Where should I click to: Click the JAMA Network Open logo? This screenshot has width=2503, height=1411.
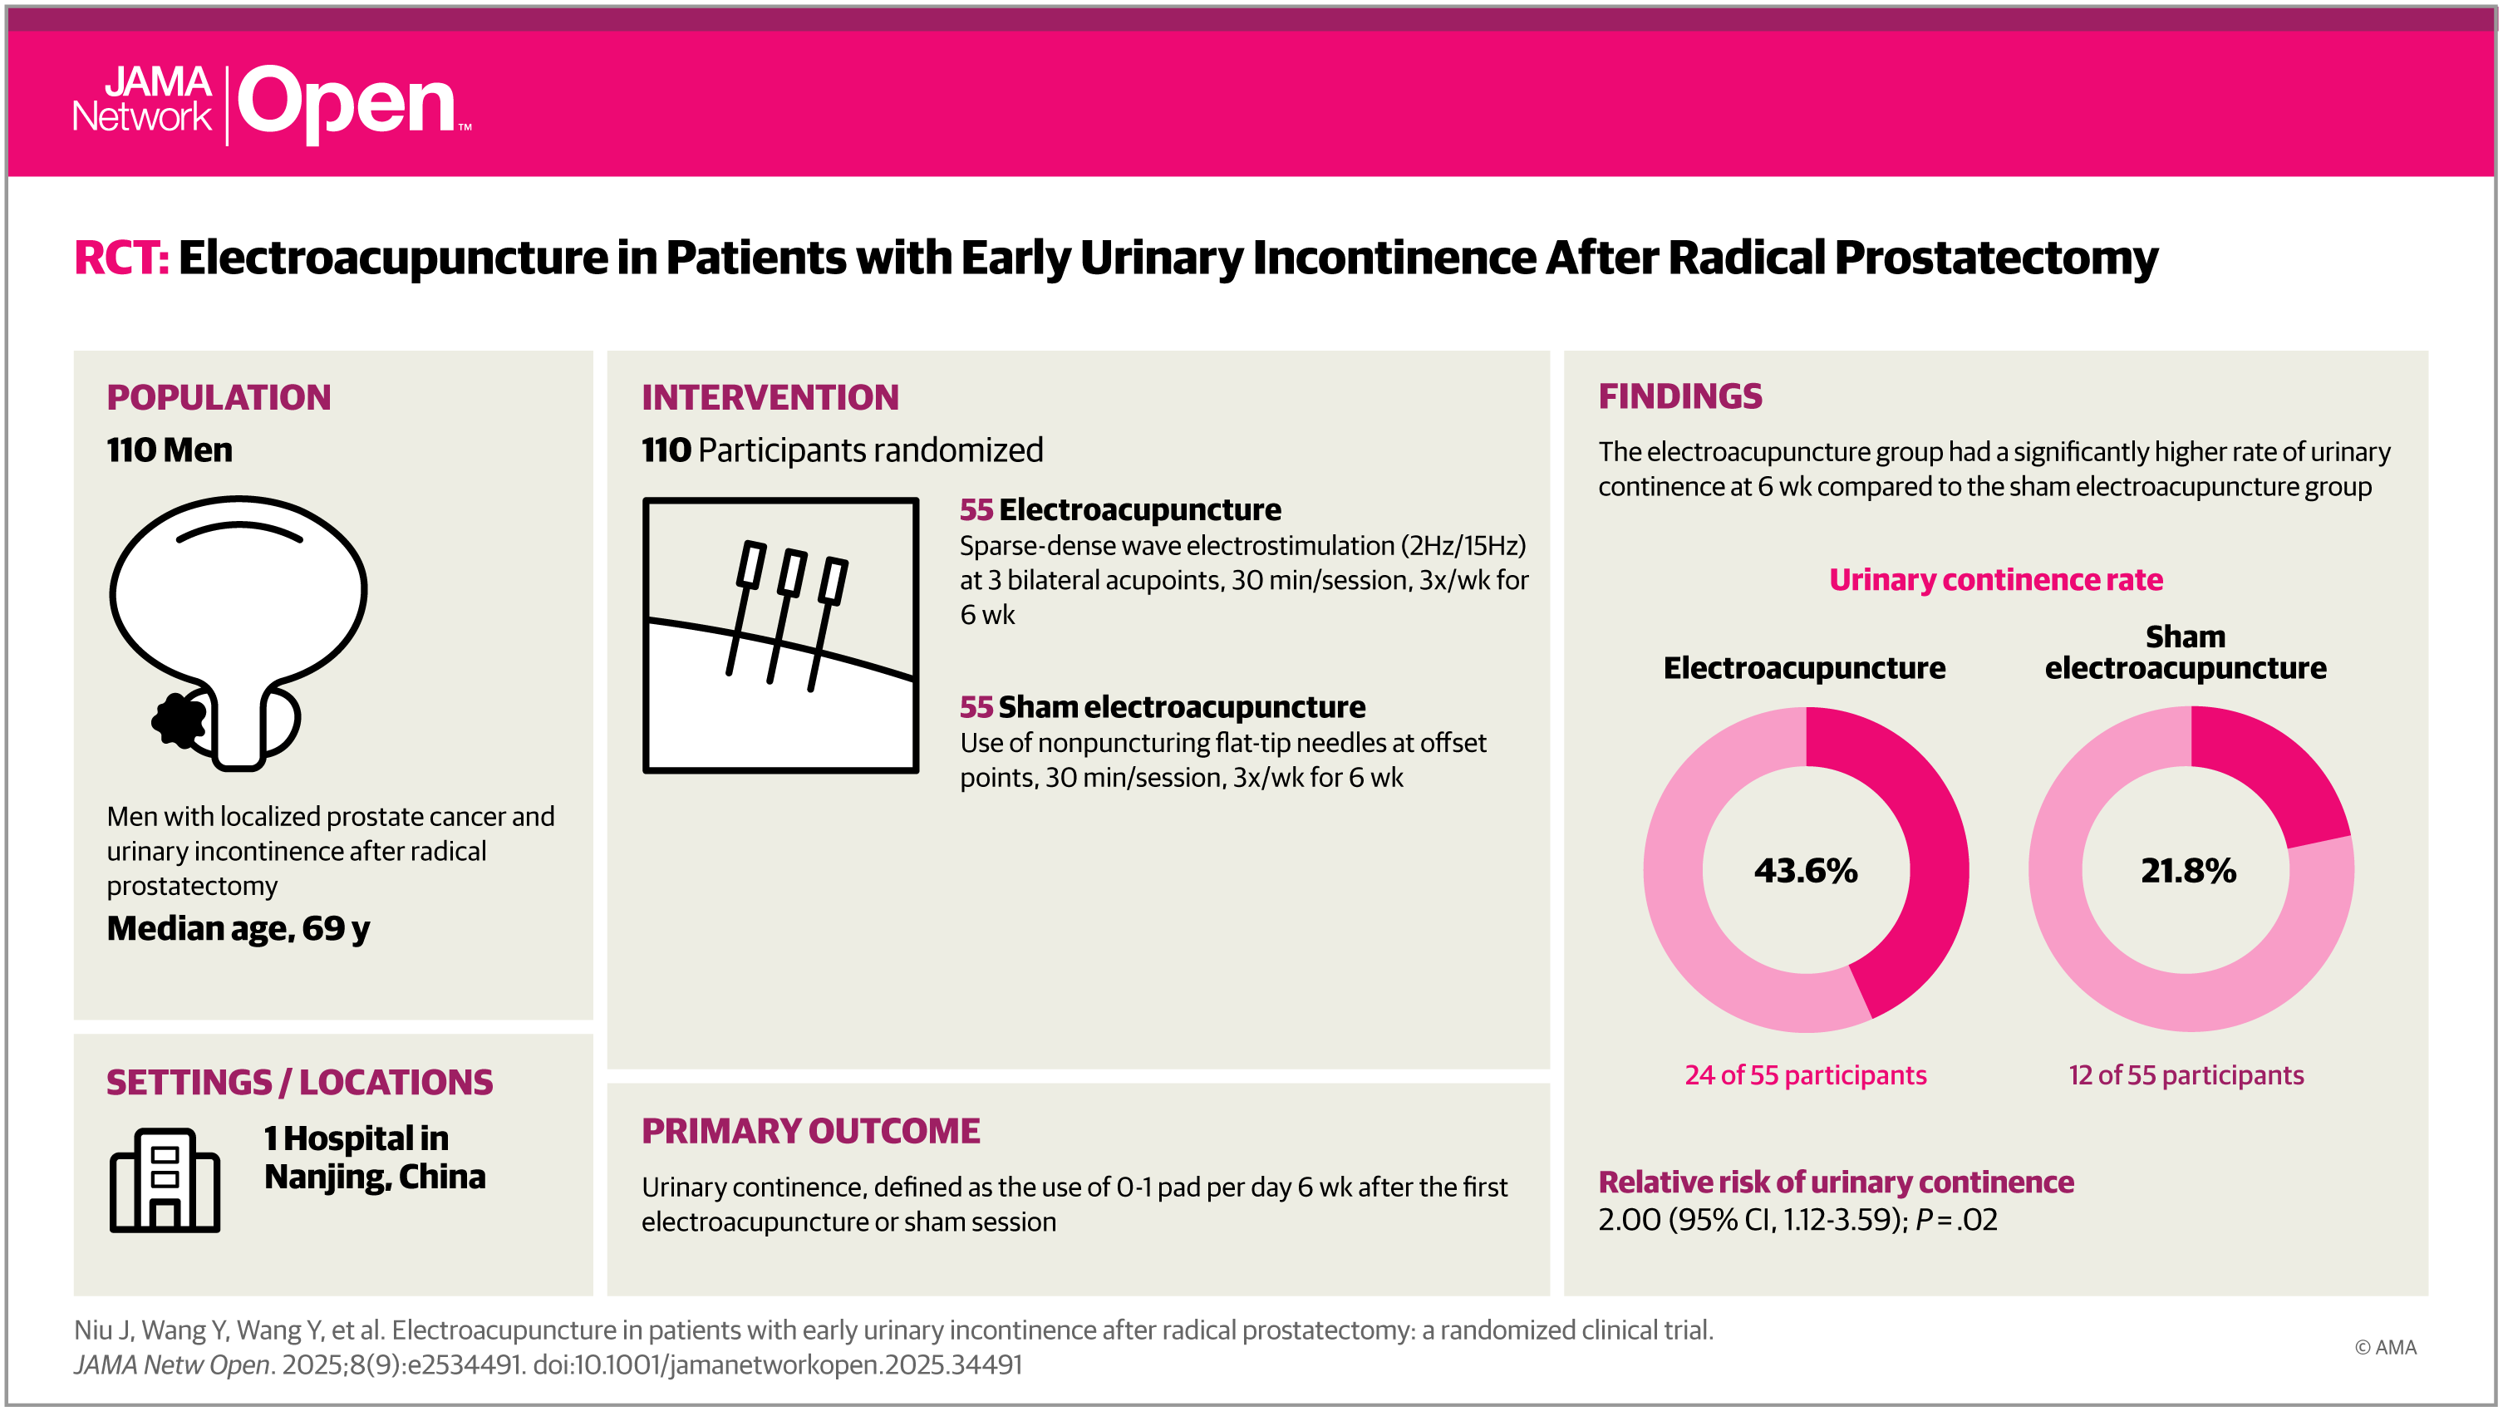tap(272, 104)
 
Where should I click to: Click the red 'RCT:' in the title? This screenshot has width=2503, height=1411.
tap(121, 258)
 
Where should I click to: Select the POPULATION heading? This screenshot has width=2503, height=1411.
tap(219, 397)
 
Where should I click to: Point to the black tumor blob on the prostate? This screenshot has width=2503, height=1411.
tap(179, 720)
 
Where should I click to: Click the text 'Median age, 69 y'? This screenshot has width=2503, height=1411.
tap(238, 929)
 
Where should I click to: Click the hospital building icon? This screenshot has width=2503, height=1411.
tap(165, 1180)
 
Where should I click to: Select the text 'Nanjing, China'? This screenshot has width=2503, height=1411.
tap(375, 1177)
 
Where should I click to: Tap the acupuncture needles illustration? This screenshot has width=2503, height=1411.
tap(780, 636)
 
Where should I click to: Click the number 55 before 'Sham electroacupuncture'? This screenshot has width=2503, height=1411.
tap(976, 706)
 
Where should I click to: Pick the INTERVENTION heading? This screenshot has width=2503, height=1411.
tap(770, 397)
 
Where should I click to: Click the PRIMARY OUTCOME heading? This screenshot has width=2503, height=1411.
tap(811, 1131)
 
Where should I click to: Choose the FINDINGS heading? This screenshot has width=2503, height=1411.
tap(1680, 396)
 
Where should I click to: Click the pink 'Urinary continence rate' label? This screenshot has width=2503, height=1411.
tap(1996, 580)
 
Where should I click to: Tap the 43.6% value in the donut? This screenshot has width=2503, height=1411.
tap(1805, 871)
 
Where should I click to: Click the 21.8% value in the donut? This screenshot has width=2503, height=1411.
tap(2189, 871)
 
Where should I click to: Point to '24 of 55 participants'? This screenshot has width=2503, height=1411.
tap(1805, 1076)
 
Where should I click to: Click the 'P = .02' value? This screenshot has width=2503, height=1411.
tap(1956, 1220)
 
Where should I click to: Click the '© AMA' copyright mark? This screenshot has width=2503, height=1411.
tap(2386, 1348)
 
